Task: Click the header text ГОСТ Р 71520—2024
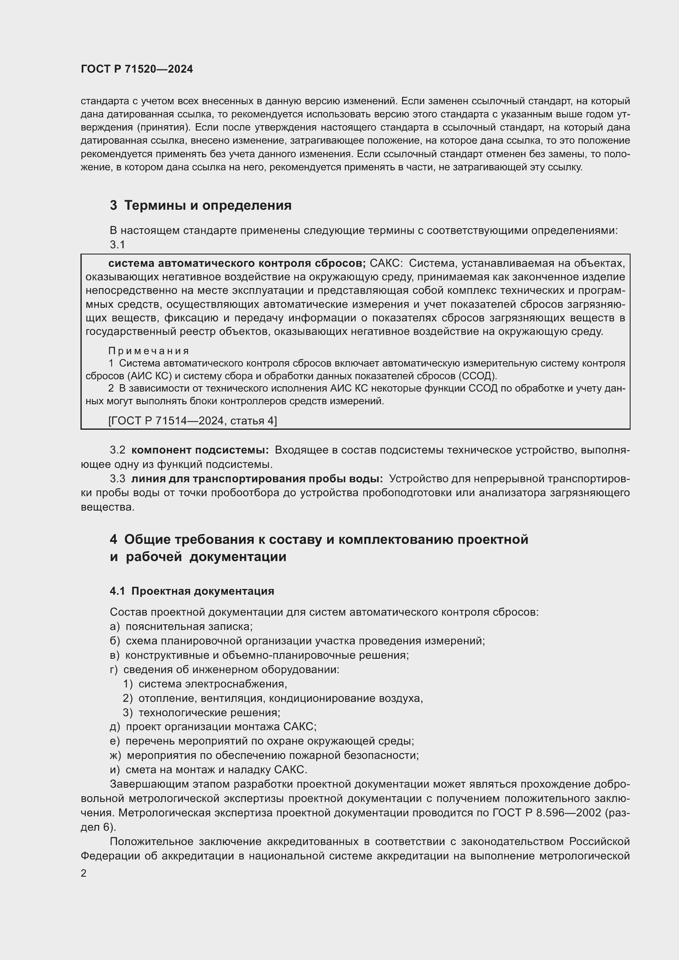click(137, 69)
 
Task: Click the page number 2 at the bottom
click(84, 873)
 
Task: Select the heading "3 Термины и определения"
click(201, 206)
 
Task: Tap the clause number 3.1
click(117, 245)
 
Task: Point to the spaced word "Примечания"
click(149, 351)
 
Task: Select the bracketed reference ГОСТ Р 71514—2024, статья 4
click(192, 421)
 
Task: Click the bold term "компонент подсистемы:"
click(200, 450)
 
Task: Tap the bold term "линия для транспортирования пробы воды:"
click(257, 479)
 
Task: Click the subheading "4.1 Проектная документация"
click(192, 591)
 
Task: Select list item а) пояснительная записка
click(181, 626)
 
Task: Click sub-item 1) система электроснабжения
click(205, 684)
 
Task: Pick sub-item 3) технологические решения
click(202, 713)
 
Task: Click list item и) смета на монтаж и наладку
click(208, 769)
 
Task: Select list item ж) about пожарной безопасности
click(264, 755)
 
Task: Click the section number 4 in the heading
click(113, 540)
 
